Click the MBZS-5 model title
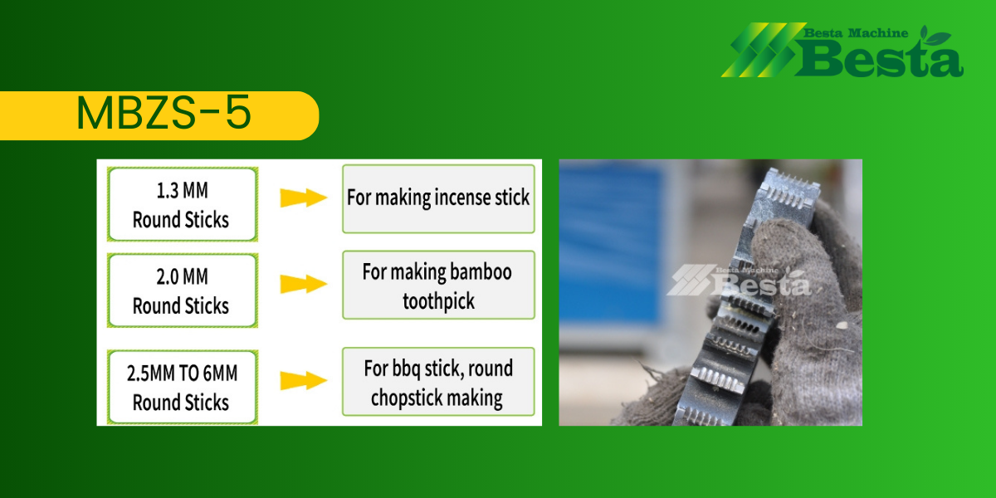(164, 113)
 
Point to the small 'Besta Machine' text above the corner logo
(856, 33)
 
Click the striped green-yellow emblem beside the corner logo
(764, 50)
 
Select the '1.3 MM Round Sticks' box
(183, 204)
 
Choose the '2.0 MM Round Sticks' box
(183, 290)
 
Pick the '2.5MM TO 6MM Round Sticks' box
(183, 388)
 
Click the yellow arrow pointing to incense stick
(304, 198)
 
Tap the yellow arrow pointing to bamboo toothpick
(304, 284)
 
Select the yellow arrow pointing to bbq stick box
(304, 381)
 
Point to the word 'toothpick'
(438, 301)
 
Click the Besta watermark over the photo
(739, 281)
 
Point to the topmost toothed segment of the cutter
(789, 189)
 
